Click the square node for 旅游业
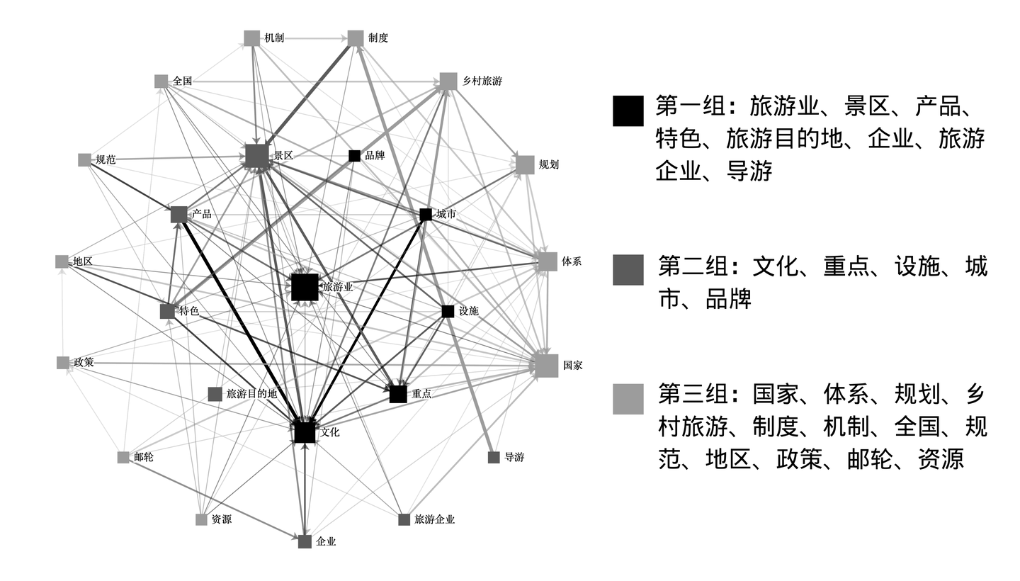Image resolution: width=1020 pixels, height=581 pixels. tap(305, 287)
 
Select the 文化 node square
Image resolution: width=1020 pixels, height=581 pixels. tap(305, 431)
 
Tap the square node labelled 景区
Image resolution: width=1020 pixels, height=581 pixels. tap(256, 155)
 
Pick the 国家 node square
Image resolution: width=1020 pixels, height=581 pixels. tap(546, 366)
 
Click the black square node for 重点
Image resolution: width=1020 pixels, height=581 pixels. tap(398, 394)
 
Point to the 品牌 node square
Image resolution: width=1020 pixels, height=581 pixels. tap(355, 156)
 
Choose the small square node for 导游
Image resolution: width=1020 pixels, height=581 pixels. tap(494, 458)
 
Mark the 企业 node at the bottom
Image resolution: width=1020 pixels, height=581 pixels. tap(305, 542)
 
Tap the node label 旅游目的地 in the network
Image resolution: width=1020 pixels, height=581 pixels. tap(251, 394)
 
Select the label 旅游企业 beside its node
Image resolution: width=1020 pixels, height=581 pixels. tap(434, 519)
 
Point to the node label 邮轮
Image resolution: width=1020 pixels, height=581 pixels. tap(144, 458)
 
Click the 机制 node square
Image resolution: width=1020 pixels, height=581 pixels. tap(252, 38)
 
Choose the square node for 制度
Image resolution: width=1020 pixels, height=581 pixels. tap(356, 38)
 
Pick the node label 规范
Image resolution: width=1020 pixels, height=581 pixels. tap(106, 160)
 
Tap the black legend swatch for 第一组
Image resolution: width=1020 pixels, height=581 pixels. tap(628, 111)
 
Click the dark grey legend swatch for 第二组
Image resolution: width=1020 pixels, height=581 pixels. tap(628, 270)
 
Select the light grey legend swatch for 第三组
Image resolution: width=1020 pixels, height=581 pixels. tap(628, 399)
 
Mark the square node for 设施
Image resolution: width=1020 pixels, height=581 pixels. tap(448, 311)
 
